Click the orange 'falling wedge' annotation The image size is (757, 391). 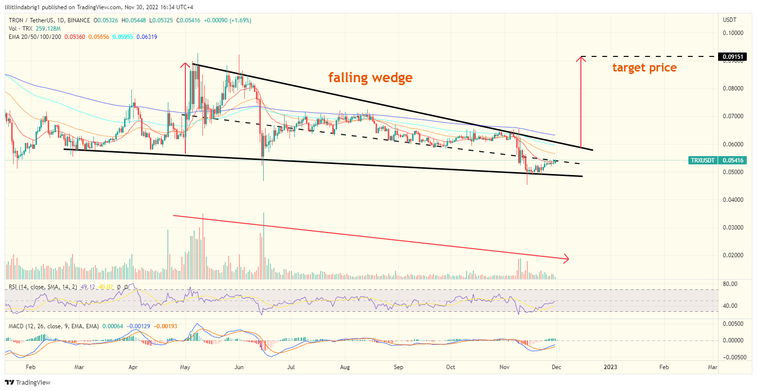[x=370, y=77]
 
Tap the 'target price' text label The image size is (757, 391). [x=644, y=68]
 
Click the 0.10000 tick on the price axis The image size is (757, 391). [x=733, y=33]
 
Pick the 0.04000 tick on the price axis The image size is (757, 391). [x=733, y=200]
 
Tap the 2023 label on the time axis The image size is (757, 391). [x=610, y=367]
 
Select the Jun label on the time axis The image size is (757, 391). [x=238, y=367]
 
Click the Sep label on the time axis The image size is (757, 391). [x=398, y=367]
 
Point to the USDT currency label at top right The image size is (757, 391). [x=730, y=20]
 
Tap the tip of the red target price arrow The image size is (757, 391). [x=580, y=58]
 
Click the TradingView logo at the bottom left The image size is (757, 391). [x=28, y=382]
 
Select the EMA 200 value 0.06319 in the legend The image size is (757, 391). [x=147, y=37]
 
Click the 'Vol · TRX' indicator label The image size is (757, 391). [x=20, y=29]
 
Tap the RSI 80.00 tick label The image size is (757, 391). [x=731, y=284]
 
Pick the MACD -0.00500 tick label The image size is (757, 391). [x=733, y=357]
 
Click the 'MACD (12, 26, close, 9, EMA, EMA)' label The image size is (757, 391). [x=54, y=326]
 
